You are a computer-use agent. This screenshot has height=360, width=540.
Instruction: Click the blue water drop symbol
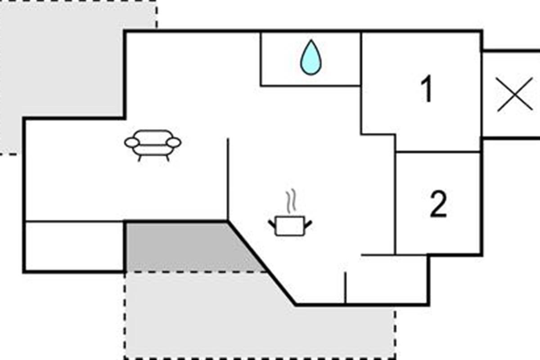click(x=311, y=58)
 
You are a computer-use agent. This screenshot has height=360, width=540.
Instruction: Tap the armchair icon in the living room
click(x=153, y=145)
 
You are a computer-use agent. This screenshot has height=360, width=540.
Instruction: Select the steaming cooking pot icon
click(x=290, y=213)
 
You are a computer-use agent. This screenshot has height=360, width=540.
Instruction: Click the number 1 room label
click(x=427, y=89)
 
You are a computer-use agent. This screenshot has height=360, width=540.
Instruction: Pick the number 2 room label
click(x=438, y=204)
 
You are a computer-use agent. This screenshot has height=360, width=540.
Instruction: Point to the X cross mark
click(x=515, y=94)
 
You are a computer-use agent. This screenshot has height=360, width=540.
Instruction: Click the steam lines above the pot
click(x=291, y=201)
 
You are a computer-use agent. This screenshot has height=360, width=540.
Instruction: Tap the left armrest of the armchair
click(x=131, y=143)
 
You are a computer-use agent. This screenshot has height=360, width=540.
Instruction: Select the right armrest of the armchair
click(x=174, y=143)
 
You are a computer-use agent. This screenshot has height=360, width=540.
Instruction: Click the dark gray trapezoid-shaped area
click(x=190, y=247)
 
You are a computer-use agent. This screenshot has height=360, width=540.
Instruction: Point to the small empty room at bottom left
click(x=74, y=246)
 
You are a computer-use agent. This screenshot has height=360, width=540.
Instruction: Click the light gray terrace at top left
click(x=60, y=60)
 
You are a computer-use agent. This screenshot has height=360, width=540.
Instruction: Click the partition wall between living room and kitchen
click(x=228, y=179)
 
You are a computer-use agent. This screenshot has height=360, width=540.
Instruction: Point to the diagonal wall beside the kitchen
click(x=261, y=263)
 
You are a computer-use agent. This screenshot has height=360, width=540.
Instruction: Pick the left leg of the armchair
click(x=139, y=158)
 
